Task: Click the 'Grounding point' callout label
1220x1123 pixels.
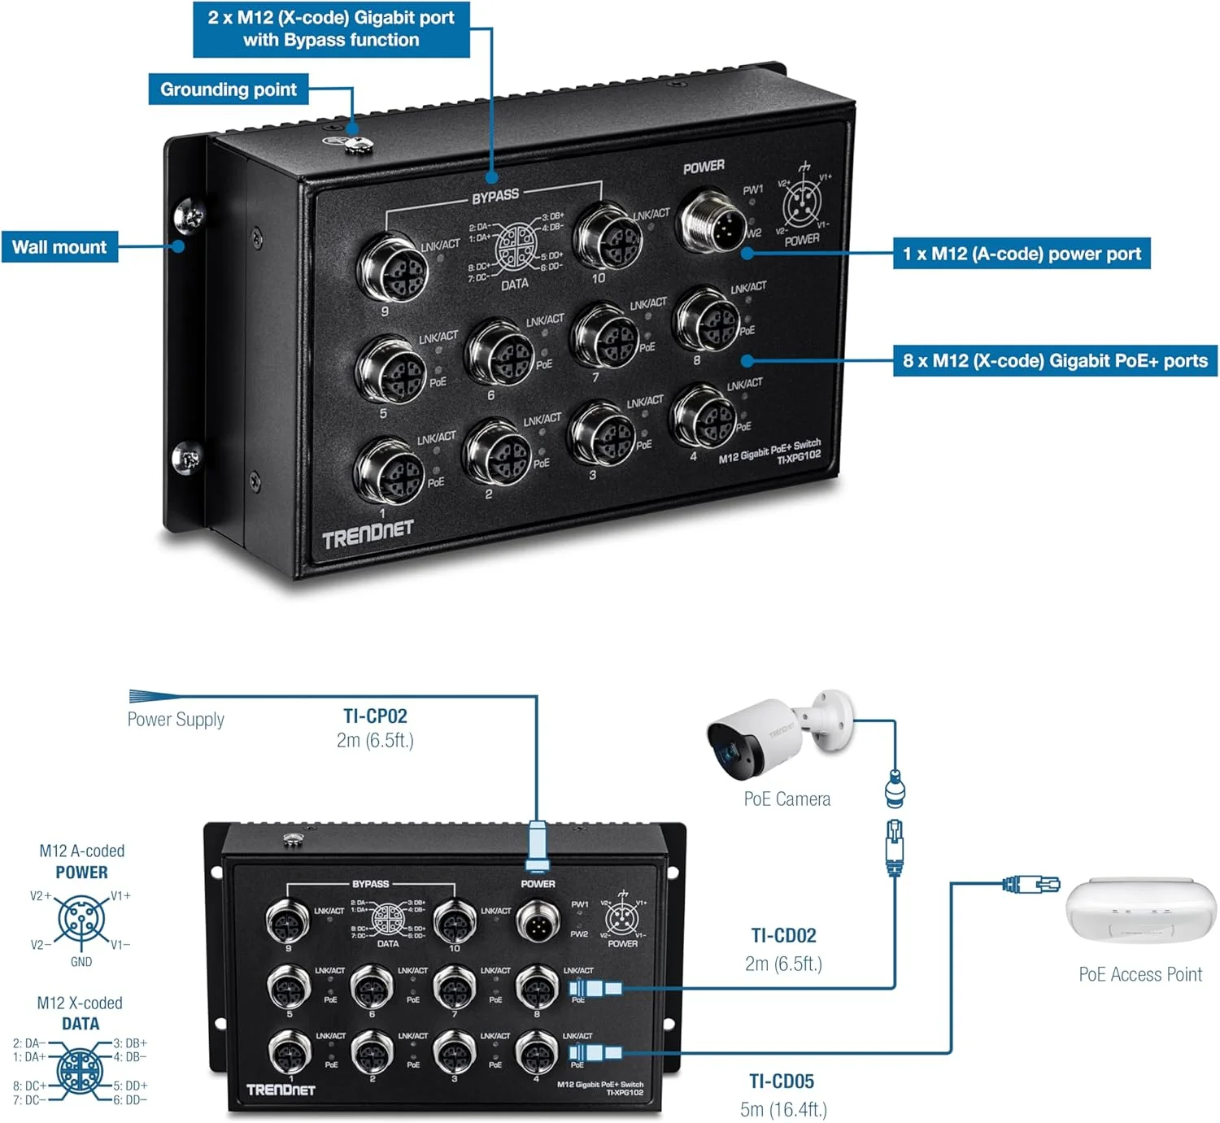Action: [229, 89]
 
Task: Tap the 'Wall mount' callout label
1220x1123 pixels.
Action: [59, 247]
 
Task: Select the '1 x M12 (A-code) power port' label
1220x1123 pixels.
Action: [1022, 254]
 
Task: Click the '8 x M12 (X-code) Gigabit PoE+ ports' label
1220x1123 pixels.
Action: [1055, 361]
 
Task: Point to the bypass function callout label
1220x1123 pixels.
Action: [331, 29]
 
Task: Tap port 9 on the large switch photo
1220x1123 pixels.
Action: [393, 268]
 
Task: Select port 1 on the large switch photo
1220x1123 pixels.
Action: [390, 472]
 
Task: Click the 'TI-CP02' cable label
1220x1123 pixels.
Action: [375, 716]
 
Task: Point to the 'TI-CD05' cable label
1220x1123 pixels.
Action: [782, 1082]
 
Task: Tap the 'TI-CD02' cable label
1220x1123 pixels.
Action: [783, 936]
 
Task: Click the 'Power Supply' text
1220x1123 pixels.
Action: [176, 720]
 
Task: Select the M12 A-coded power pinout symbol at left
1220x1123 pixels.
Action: [81, 920]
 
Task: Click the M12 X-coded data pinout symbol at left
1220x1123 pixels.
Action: [80, 1071]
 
